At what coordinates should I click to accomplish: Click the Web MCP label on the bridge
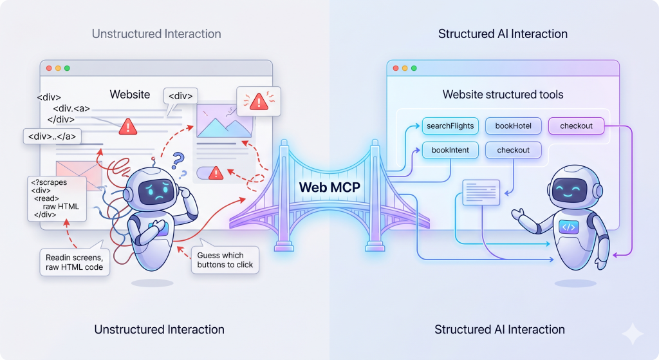point(329,187)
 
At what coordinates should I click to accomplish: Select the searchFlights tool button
point(450,126)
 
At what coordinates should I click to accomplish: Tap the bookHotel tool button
point(513,126)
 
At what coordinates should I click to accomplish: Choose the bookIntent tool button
point(450,150)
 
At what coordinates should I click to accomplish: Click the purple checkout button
point(576,126)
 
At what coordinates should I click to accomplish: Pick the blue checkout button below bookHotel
point(513,150)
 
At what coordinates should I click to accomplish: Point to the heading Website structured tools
point(503,95)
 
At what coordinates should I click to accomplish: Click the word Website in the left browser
point(129,95)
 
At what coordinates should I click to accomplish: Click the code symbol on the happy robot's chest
point(568,226)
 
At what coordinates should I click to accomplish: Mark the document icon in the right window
point(481,192)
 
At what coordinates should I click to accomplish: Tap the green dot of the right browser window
point(414,68)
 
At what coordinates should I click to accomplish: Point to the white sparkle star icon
point(632,334)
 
